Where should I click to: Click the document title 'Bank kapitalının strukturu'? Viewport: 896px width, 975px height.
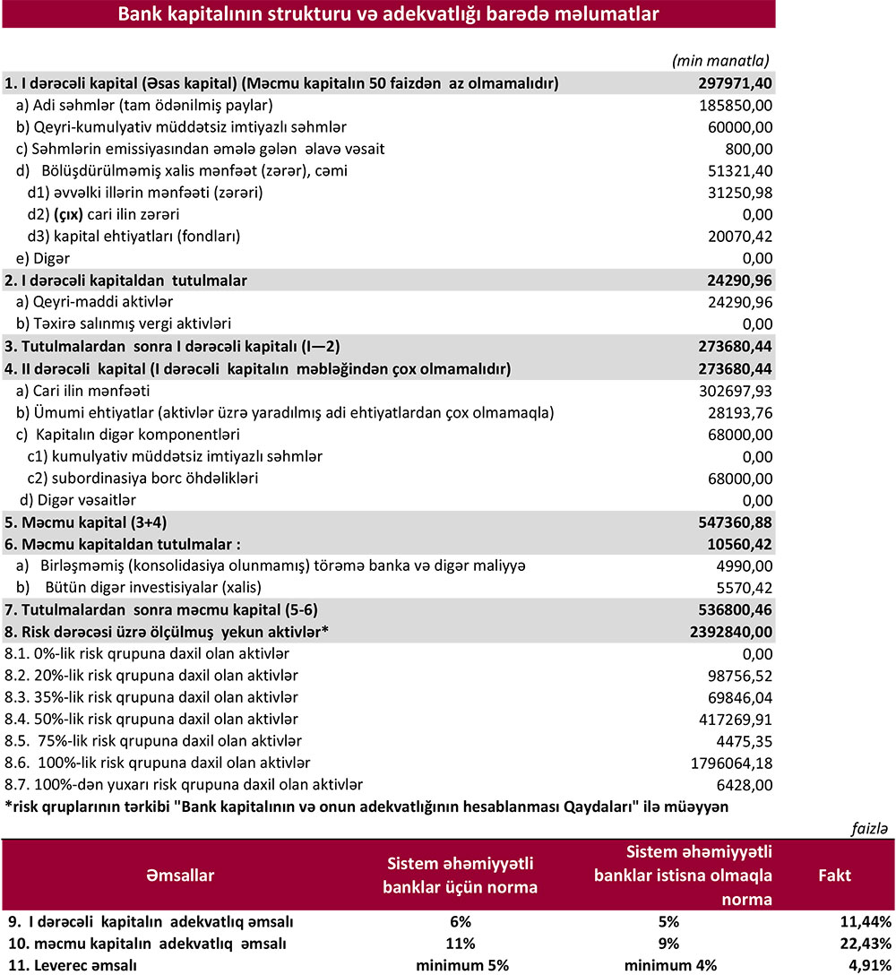click(x=388, y=14)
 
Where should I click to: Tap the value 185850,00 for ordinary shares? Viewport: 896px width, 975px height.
click(x=735, y=106)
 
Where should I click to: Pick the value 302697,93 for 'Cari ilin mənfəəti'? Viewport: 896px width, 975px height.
click(x=735, y=392)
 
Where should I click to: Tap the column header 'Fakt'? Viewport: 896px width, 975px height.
click(x=835, y=875)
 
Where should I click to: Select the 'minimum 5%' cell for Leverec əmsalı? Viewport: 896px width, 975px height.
click(x=461, y=965)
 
